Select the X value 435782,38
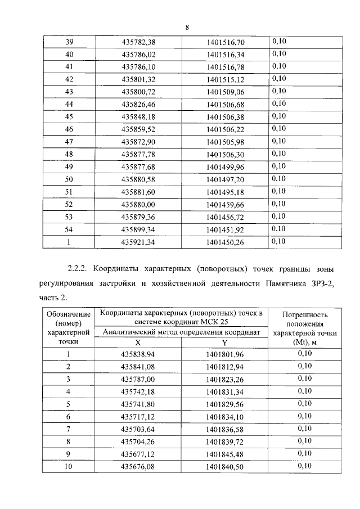pyautogui.click(x=138, y=42)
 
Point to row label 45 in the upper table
pyautogui.click(x=70, y=116)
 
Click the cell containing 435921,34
pyautogui.click(x=138, y=241)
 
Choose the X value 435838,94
pyautogui.click(x=138, y=354)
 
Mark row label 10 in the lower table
pyautogui.click(x=68, y=466)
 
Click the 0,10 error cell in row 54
pyautogui.click(x=280, y=229)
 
